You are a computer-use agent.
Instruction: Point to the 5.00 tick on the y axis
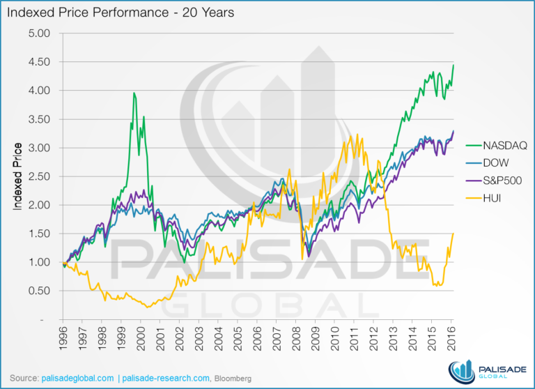[40, 33]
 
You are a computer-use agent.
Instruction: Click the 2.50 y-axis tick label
[40, 176]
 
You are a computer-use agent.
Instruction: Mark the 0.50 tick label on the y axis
[40, 291]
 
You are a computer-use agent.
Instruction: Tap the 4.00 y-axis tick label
[40, 91]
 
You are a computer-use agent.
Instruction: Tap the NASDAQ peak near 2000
[134, 93]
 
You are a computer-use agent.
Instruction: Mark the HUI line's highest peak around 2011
[357, 135]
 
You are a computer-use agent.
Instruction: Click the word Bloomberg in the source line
[231, 377]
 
